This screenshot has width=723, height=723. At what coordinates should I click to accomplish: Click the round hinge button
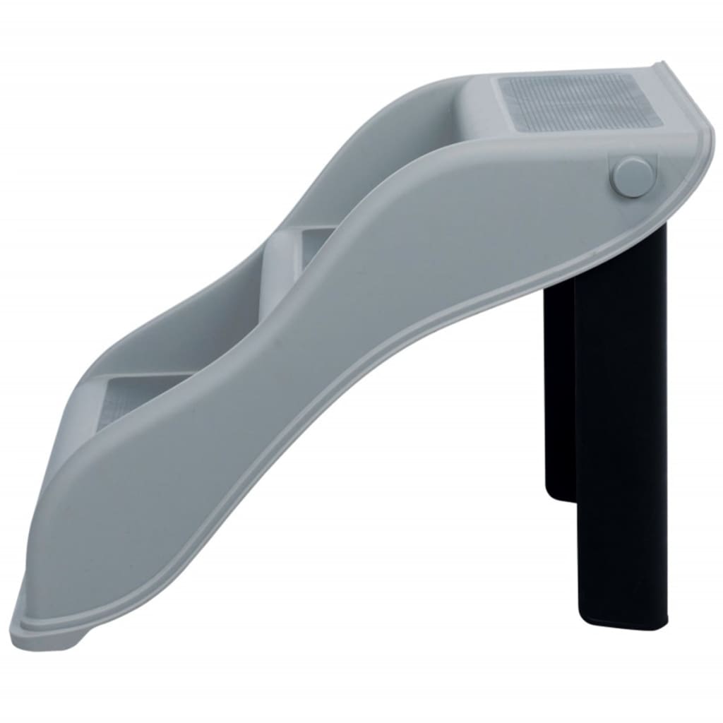631,177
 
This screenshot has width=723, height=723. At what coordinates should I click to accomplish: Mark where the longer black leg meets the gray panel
621,233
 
